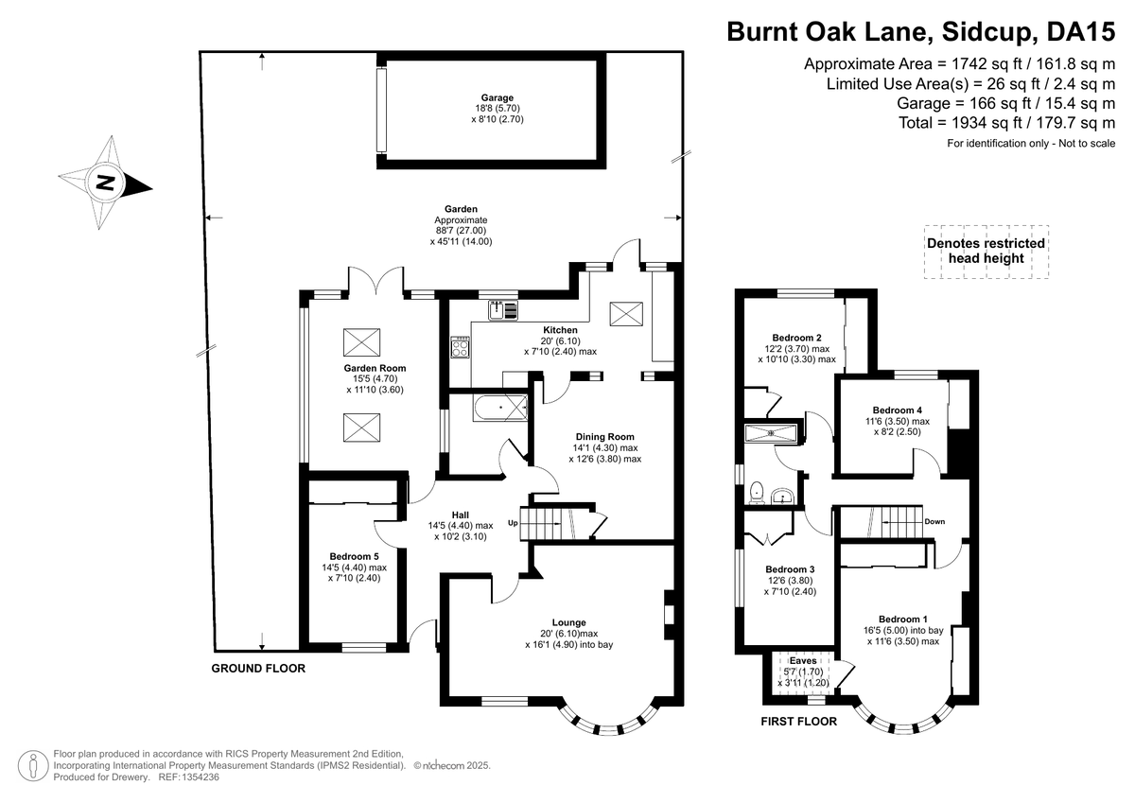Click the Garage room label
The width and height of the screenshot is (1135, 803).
pos(497,97)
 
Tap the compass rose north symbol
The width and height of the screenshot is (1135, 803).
pos(105,183)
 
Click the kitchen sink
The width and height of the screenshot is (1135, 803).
pos(504,309)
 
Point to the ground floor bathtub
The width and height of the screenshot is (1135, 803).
pos(499,410)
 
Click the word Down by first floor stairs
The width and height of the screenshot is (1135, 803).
pos(934,521)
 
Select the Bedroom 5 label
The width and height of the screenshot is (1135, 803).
pos(354,556)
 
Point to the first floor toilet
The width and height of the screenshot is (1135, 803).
pos(757,493)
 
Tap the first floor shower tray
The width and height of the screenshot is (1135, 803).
pos(774,432)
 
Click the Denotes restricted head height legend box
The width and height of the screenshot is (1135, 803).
pos(986,251)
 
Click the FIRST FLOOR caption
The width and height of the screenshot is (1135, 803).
pos(799,721)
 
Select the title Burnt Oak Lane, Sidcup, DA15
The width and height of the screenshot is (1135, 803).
pos(920,31)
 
